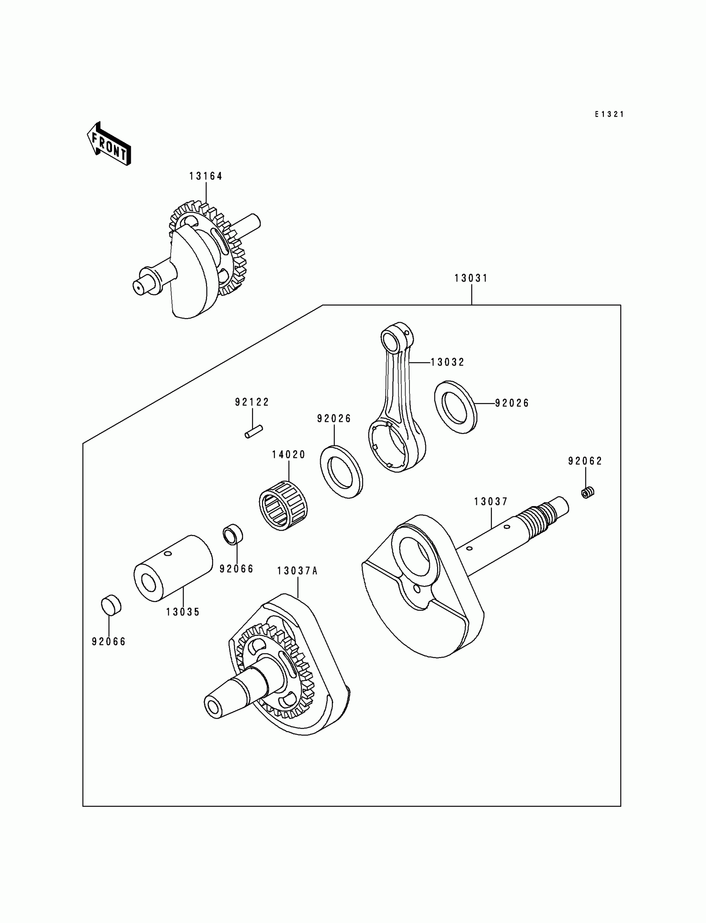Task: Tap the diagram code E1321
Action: click(x=609, y=114)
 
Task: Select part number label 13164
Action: click(x=206, y=176)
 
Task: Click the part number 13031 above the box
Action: click(x=471, y=278)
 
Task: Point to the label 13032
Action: click(x=448, y=362)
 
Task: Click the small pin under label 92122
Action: click(x=254, y=432)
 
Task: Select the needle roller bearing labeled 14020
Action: click(x=283, y=505)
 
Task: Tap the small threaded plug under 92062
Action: click(x=588, y=492)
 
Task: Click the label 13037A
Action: click(x=297, y=571)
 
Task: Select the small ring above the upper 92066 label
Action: click(x=233, y=534)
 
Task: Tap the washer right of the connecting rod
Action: click(x=456, y=406)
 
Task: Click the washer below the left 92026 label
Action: click(x=342, y=472)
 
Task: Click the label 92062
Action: click(x=585, y=461)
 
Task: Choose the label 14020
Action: click(x=288, y=455)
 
